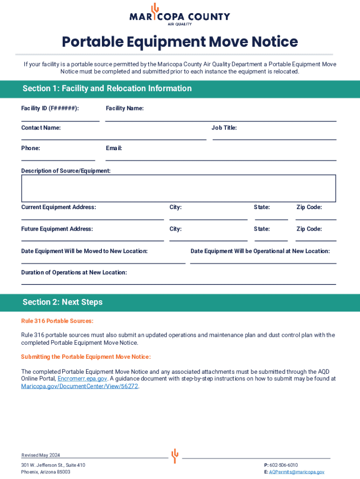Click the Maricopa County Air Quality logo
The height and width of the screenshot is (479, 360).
pyautogui.click(x=180, y=15)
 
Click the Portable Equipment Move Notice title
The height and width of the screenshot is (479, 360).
pyautogui.click(x=180, y=42)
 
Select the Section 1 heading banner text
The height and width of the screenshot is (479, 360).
pyautogui.click(x=107, y=88)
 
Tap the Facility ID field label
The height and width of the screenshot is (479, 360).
pyautogui.click(x=50, y=109)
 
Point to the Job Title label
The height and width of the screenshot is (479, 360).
pyautogui.click(x=224, y=127)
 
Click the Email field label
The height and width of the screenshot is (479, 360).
pyautogui.click(x=114, y=148)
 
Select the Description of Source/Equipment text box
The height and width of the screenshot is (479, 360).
pyautogui.click(x=178, y=188)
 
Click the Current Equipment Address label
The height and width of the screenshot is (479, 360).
pyautogui.click(x=58, y=207)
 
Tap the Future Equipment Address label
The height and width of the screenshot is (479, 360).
pyautogui.click(x=57, y=229)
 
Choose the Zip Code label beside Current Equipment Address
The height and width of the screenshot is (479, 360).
pyautogui.click(x=309, y=207)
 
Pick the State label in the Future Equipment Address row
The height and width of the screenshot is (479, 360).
pyautogui.click(x=262, y=229)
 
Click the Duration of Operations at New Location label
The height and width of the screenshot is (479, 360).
pyautogui.click(x=74, y=273)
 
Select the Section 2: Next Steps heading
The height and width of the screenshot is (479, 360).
pyautogui.click(x=63, y=302)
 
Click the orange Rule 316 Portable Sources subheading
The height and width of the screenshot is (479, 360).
pyautogui.click(x=57, y=321)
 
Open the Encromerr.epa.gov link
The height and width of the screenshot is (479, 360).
pyautogui.click(x=82, y=379)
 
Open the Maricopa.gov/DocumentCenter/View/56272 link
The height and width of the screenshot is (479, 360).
pyautogui.click(x=79, y=386)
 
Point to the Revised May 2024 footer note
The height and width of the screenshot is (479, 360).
pyautogui.click(x=41, y=456)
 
